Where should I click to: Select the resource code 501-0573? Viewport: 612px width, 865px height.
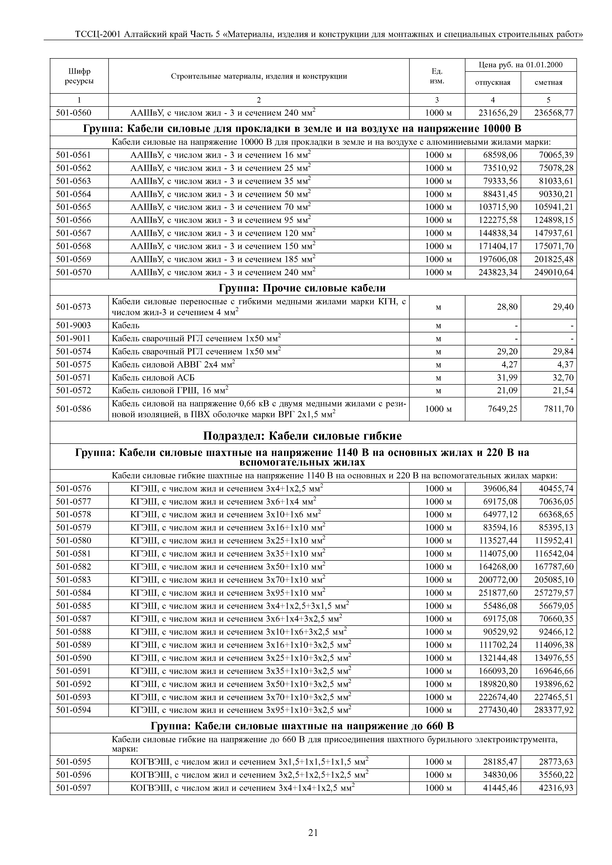74,307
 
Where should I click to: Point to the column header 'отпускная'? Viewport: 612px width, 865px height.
493,83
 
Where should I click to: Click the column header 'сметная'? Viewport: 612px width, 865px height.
548,83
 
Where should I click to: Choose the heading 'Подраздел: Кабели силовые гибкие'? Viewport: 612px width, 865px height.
302,436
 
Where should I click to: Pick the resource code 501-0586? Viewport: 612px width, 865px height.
74,409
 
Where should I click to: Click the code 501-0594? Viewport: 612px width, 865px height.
74,710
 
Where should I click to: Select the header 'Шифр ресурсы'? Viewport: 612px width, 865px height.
79,76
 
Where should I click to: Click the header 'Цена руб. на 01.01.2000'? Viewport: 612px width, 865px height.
520,65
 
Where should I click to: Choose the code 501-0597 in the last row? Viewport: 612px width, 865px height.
74,787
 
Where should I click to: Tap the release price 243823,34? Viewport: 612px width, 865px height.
498,272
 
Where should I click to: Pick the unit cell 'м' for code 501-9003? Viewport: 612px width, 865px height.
438,325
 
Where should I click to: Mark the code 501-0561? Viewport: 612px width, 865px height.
74,155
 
